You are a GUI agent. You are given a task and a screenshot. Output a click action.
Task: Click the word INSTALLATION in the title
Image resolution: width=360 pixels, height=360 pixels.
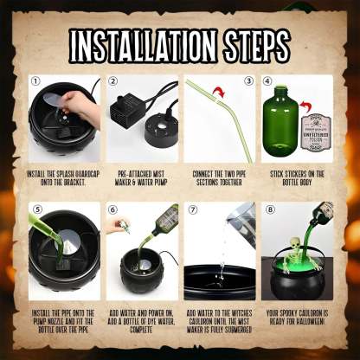138,43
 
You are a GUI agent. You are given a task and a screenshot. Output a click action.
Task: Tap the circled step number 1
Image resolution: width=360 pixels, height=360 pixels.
35,83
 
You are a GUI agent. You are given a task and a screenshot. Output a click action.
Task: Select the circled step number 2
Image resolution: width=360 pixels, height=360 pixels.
113,83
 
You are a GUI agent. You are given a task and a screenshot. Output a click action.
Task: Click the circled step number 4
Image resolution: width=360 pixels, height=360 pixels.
267,83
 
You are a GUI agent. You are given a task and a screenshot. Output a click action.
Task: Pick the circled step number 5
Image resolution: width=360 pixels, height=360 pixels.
35,210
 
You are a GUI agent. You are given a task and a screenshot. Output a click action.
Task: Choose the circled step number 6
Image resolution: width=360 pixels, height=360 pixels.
113,210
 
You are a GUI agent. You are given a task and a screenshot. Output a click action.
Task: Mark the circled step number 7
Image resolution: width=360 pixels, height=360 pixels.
193,210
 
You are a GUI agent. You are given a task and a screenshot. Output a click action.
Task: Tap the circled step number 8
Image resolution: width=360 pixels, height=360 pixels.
269,210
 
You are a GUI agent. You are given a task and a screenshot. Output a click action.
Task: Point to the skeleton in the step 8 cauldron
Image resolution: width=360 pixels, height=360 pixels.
295,255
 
